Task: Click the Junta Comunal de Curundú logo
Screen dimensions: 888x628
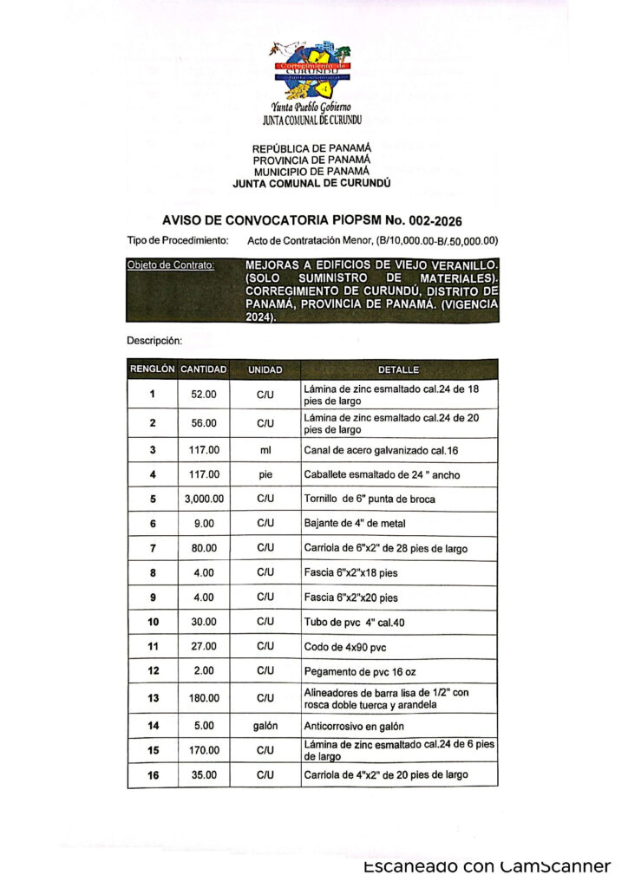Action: coord(311,73)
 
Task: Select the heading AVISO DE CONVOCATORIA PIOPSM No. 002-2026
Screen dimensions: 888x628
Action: coord(311,220)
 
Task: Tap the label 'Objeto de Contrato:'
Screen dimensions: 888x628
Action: coord(170,264)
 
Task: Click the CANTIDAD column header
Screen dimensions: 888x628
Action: coord(204,369)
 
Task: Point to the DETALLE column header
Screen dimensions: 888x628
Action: coord(399,369)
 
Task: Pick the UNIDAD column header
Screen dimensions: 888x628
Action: coord(265,369)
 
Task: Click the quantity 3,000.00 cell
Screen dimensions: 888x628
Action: coord(204,499)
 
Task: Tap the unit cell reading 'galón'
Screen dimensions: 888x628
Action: coord(265,726)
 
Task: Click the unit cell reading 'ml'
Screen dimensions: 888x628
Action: coord(265,449)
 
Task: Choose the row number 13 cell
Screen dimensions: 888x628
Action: coord(153,698)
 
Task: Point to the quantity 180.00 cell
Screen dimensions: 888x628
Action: coord(204,698)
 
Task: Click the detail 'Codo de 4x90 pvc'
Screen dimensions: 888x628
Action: coord(343,647)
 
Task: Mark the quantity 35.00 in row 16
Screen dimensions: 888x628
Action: coord(204,775)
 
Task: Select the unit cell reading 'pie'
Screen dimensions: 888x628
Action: coord(265,474)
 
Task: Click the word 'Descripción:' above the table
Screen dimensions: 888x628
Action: coord(154,340)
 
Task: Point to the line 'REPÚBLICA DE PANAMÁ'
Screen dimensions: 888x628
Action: coord(311,148)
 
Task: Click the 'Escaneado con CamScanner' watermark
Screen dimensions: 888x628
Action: coord(487,866)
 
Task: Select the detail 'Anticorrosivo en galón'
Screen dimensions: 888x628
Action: coord(354,726)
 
